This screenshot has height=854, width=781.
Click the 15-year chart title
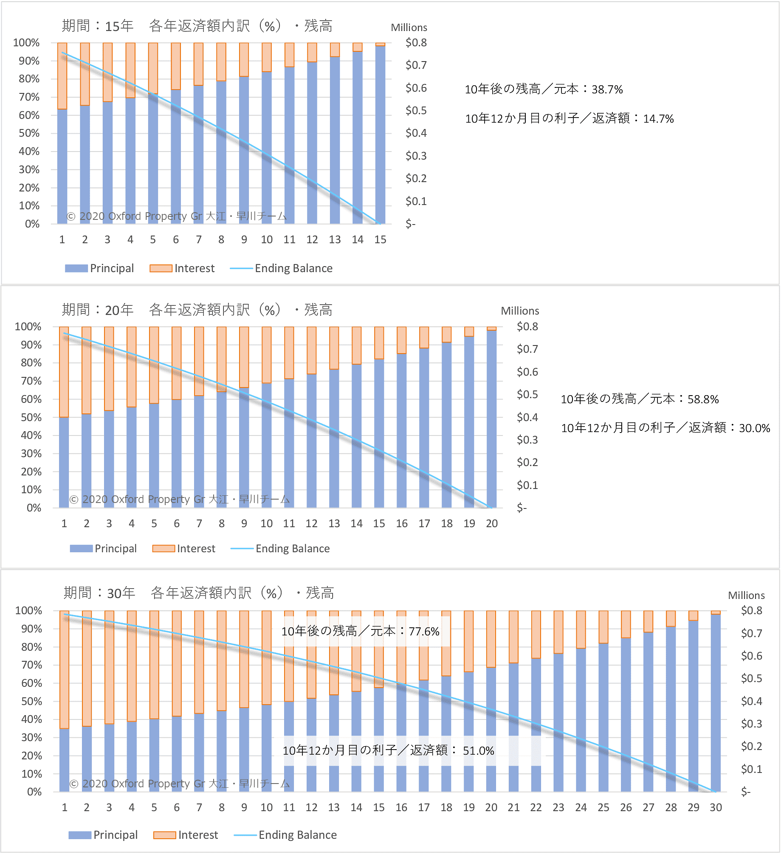(x=197, y=26)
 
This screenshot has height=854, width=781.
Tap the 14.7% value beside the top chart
(x=658, y=119)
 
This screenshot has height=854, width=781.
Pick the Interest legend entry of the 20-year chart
(x=184, y=548)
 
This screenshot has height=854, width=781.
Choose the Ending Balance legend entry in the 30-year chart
(x=285, y=835)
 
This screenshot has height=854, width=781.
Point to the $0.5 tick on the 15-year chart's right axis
(x=416, y=111)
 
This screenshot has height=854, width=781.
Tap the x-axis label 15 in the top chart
(x=380, y=240)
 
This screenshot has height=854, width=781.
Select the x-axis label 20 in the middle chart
(x=491, y=524)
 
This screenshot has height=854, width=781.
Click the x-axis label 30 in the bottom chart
(x=716, y=808)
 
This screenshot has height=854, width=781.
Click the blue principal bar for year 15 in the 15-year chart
(x=381, y=136)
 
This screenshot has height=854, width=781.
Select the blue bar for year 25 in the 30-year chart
(x=603, y=717)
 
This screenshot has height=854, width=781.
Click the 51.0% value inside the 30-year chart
(x=478, y=751)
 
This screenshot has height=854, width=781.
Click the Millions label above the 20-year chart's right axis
(x=520, y=311)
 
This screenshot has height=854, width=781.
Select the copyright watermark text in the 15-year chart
(x=176, y=216)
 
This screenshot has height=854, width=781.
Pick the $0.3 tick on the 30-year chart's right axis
(x=751, y=724)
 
